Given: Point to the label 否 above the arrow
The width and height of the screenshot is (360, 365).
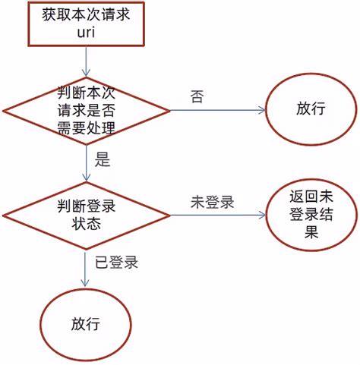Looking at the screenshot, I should (197, 97).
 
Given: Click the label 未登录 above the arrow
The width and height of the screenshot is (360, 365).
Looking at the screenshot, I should (211, 203).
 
